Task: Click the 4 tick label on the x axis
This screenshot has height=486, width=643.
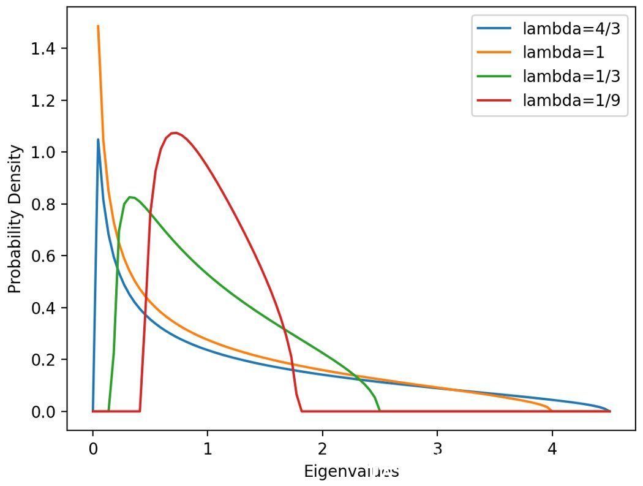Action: point(552,449)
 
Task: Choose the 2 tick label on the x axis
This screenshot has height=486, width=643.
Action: point(322,449)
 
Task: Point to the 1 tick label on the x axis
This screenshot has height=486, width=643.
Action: point(208,449)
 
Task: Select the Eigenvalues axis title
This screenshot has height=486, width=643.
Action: point(352,471)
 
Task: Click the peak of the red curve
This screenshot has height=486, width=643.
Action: point(175,132)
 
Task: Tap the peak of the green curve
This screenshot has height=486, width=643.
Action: point(130,197)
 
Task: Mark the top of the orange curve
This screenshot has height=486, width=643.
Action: point(98,26)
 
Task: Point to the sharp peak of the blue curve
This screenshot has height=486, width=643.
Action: point(98,139)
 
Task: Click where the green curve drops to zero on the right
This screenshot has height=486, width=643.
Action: point(379,411)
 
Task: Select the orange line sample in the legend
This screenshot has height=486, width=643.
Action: point(494,52)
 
